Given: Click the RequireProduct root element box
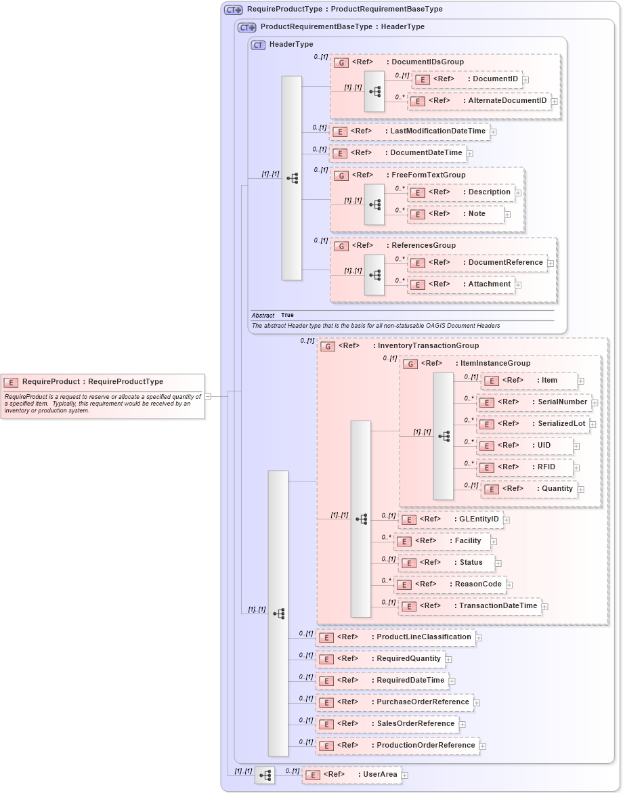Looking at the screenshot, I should coord(102,382).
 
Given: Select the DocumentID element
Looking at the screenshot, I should coord(467,79).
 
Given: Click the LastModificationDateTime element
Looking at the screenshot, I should coord(409,131).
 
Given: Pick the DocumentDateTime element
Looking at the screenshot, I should coord(398,153).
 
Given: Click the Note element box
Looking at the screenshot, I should coord(456,214).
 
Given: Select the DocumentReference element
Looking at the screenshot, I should coord(477,263).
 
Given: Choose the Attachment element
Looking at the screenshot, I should coord(460,284).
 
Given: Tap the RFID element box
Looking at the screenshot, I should coord(525,467).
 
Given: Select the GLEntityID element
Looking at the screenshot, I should coord(450,519).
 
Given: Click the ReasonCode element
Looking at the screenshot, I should coord(450,584).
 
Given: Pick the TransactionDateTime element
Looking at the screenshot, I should coord(470,606).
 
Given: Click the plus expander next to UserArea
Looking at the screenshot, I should coord(405,775).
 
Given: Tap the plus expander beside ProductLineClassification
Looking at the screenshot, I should coord(479,637).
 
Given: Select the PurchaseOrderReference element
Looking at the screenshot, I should coord(395,702).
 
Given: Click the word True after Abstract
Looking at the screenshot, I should coord(287,315).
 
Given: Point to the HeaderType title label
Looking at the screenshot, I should coord(291,45).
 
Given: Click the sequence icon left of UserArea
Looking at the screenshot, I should coord(265,775).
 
